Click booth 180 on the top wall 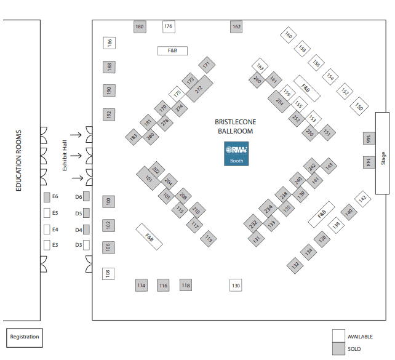140,26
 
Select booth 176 169,26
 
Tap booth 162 236,26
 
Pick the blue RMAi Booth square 237,154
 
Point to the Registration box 25,337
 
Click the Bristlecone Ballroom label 235,126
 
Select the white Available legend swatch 338,336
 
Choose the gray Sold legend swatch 338,349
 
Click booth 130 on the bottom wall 236,286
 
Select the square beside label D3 86,245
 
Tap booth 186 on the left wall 109,43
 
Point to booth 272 199,89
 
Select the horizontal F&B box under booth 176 172,51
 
